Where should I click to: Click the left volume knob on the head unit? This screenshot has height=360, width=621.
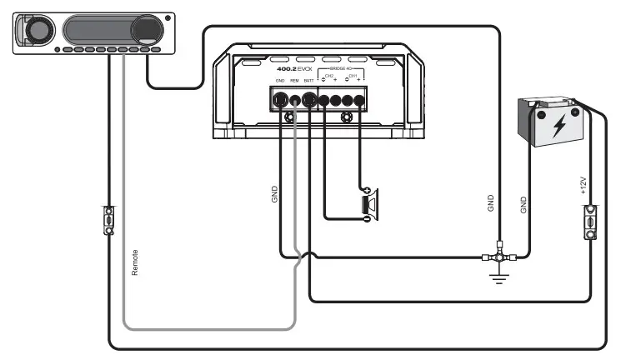(x=36, y=32)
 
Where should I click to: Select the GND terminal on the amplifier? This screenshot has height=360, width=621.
(x=280, y=100)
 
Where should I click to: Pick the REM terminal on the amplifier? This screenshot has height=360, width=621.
(x=295, y=100)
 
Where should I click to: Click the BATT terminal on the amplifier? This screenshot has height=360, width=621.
(x=309, y=100)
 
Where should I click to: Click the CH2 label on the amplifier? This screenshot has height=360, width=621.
(x=329, y=75)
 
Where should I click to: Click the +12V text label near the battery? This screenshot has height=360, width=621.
(x=583, y=185)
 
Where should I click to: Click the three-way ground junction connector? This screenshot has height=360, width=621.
(x=499, y=254)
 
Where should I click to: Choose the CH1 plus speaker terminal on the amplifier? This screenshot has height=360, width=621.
(x=359, y=100)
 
